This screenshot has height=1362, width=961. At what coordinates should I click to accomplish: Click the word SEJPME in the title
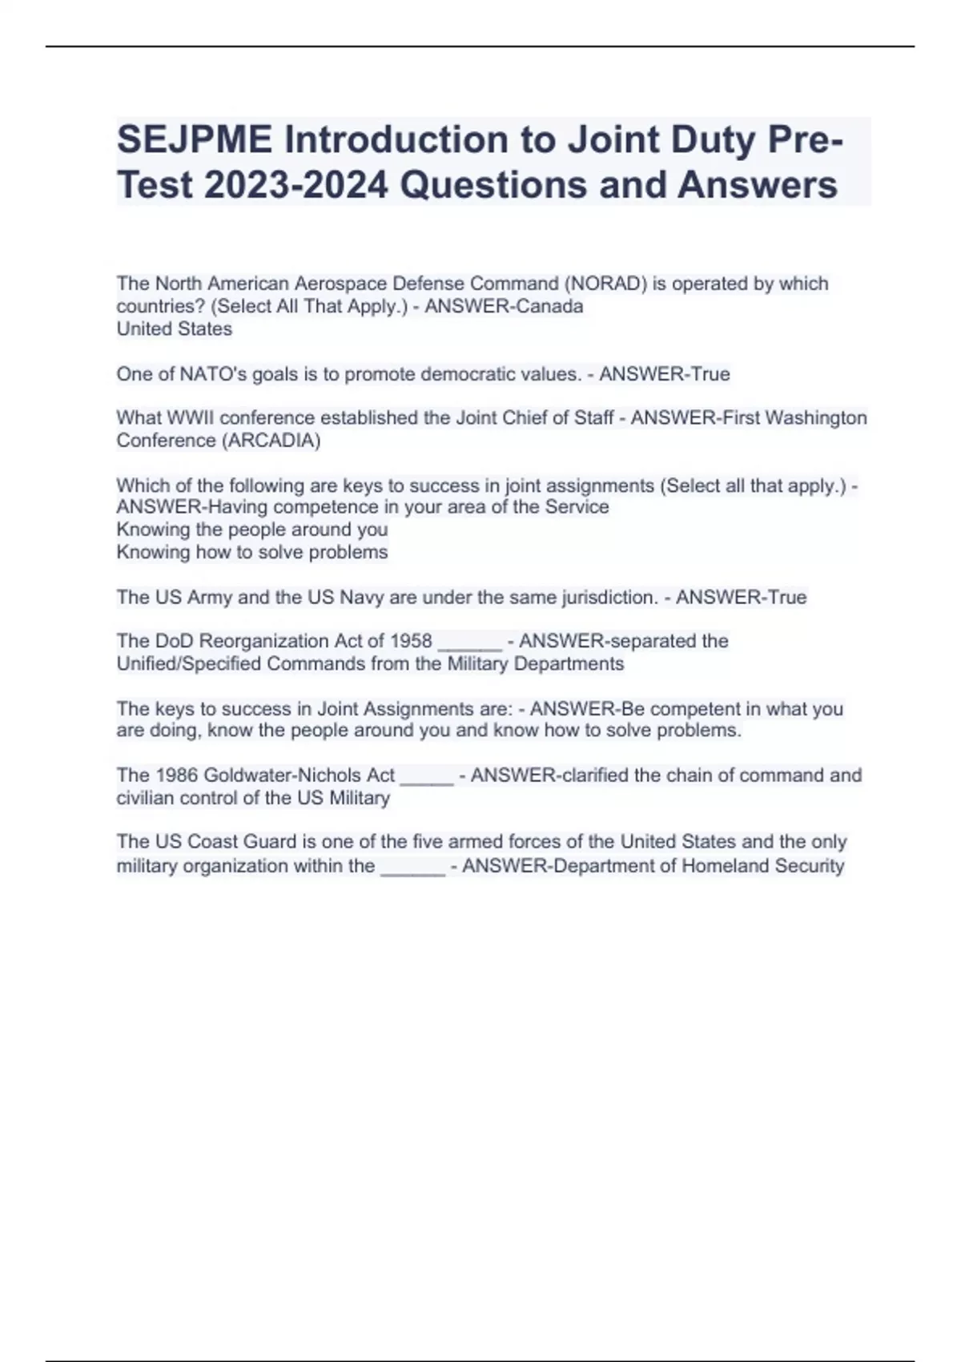[x=195, y=140]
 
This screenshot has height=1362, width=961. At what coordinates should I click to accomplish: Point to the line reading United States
[x=175, y=328]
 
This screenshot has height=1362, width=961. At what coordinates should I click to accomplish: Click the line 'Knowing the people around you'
[x=252, y=530]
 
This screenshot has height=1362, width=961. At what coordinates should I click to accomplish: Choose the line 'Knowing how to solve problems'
[x=252, y=552]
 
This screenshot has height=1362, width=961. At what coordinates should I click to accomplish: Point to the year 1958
[x=411, y=641]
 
